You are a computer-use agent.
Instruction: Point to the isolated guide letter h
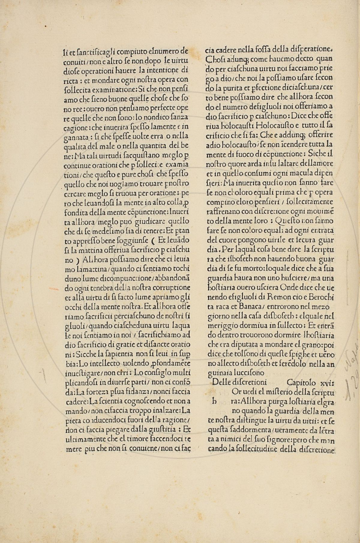click(214, 402)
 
